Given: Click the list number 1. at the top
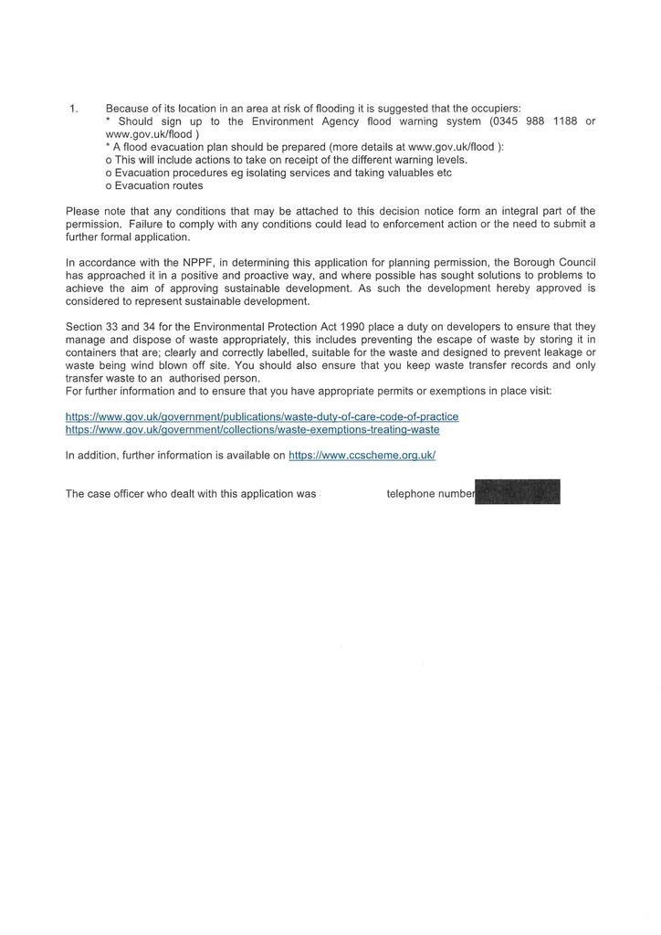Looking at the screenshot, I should coord(74,108).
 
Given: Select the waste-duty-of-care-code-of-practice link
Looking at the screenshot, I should coord(262,416).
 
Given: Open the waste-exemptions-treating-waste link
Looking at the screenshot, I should coord(252,429).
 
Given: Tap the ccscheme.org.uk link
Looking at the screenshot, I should coord(362,454).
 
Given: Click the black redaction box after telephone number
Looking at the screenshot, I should coord(518,492).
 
